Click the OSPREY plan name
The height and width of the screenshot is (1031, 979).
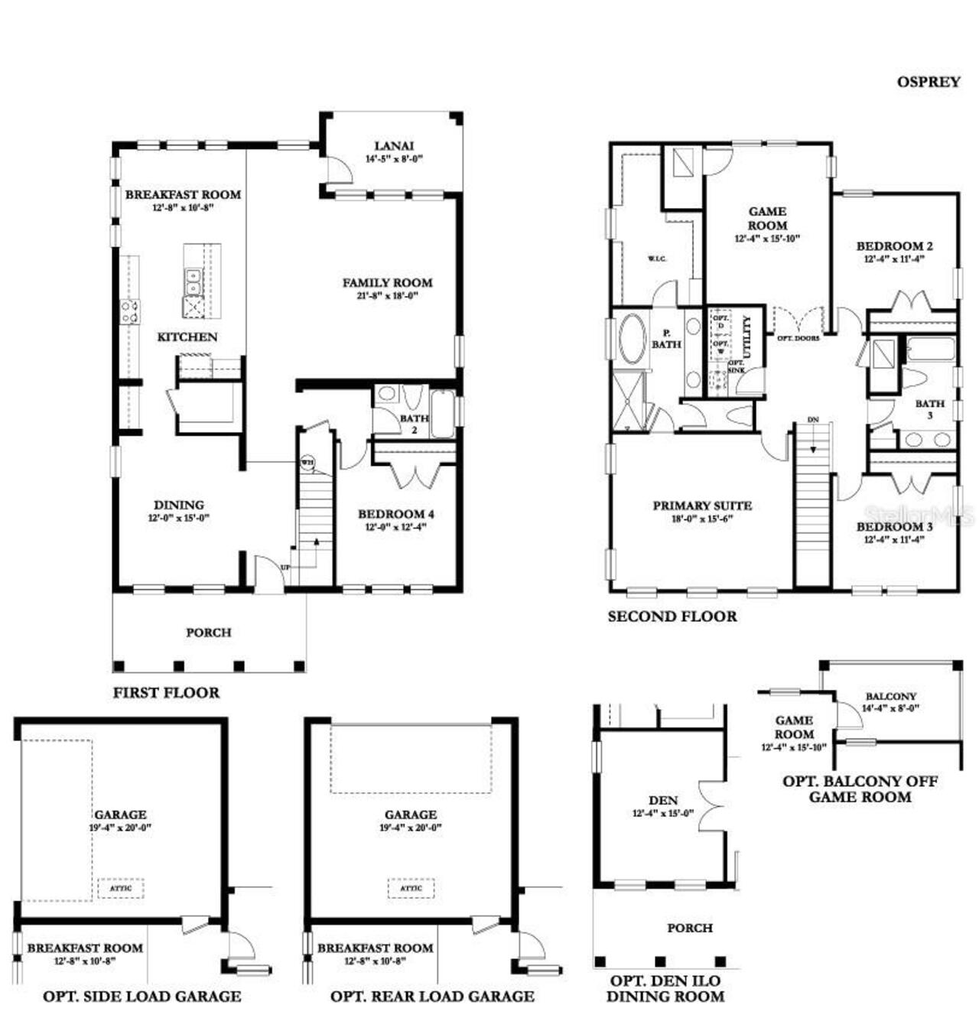[928, 82]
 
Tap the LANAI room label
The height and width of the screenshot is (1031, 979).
[394, 145]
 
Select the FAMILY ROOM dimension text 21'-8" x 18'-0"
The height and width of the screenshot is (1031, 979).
[387, 295]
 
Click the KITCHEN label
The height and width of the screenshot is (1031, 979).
[187, 337]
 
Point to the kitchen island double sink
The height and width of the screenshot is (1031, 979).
[192, 281]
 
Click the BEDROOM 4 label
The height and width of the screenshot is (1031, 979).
[395, 514]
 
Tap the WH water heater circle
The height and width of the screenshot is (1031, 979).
[307, 462]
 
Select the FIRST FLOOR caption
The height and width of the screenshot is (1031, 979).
[166, 692]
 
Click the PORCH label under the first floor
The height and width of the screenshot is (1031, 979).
[208, 633]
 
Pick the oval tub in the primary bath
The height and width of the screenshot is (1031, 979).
[632, 337]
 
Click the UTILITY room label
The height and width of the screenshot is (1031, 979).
[748, 337]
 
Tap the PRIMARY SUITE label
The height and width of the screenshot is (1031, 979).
[701, 506]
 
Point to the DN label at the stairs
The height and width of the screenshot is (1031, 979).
[812, 420]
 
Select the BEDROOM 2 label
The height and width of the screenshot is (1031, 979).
[894, 246]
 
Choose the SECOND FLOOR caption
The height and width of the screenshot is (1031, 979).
[672, 616]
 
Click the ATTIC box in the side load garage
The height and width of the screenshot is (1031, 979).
[121, 888]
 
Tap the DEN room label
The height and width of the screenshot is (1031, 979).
[662, 801]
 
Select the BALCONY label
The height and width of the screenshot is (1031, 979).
[890, 696]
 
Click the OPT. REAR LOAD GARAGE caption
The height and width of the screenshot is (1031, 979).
[432, 996]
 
